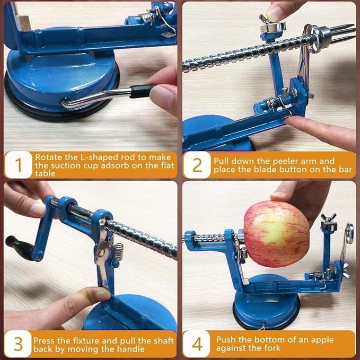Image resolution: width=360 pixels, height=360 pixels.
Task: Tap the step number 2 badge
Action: (x=197, y=165)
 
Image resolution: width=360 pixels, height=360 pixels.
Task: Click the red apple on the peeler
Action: (x=276, y=233)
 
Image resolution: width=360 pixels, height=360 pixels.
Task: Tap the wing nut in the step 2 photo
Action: (x=269, y=22)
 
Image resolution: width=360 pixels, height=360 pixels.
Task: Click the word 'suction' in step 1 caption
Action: (x=65, y=165)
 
